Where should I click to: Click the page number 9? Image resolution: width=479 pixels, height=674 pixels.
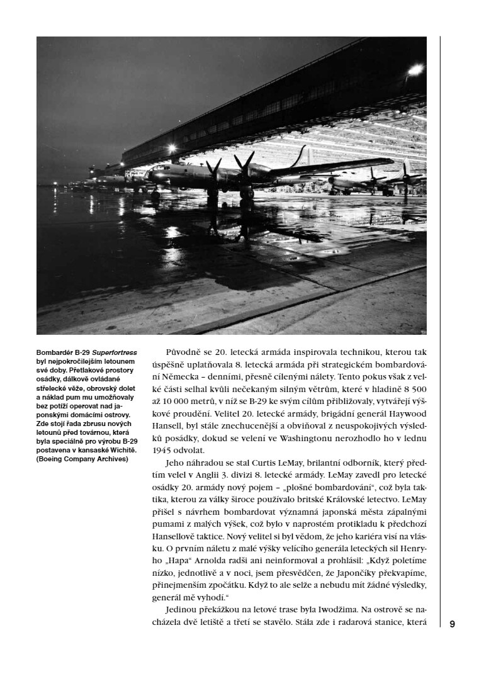coord(452,624)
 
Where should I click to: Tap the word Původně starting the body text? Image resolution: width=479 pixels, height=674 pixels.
coord(183,352)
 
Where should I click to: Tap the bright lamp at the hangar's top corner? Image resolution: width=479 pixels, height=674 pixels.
coord(414,70)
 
